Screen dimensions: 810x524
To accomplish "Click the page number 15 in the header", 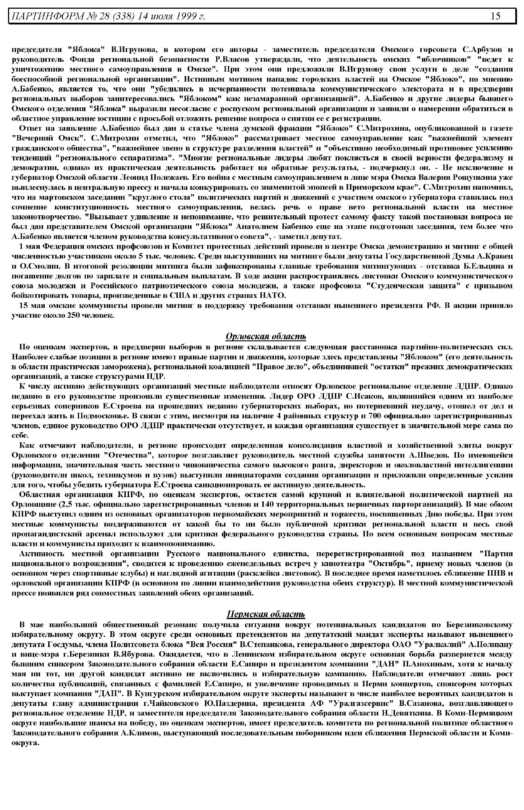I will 496,16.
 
